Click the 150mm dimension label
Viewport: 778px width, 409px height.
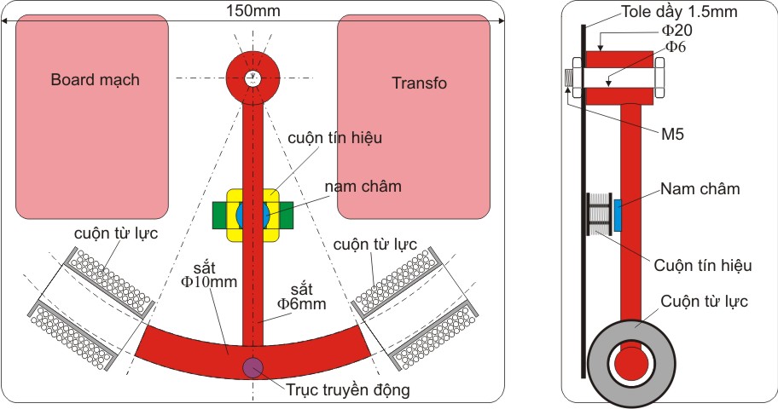(x=253, y=11)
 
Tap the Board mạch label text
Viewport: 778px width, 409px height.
(x=95, y=80)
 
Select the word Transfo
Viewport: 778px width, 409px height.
(x=419, y=83)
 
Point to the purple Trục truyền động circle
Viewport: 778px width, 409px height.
(x=253, y=368)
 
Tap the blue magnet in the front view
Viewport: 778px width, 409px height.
(x=253, y=213)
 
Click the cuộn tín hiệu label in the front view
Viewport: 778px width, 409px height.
(x=335, y=136)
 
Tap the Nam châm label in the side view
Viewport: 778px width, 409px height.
(x=700, y=188)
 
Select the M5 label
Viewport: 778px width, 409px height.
(x=671, y=134)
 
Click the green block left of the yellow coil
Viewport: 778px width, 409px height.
(x=220, y=214)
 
